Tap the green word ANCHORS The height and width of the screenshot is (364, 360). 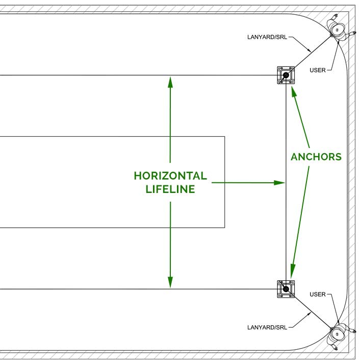click(x=316, y=157)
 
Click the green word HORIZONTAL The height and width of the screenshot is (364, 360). click(x=170, y=176)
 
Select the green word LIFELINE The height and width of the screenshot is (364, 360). click(x=170, y=189)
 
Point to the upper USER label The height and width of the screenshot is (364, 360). click(x=317, y=70)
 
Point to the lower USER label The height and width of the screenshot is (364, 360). click(x=317, y=295)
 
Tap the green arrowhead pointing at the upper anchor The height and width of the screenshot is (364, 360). click(x=293, y=91)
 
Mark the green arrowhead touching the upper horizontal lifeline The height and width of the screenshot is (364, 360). click(x=170, y=81)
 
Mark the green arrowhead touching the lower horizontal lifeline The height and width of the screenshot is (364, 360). click(x=170, y=282)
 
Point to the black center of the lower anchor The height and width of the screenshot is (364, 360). click(x=286, y=289)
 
